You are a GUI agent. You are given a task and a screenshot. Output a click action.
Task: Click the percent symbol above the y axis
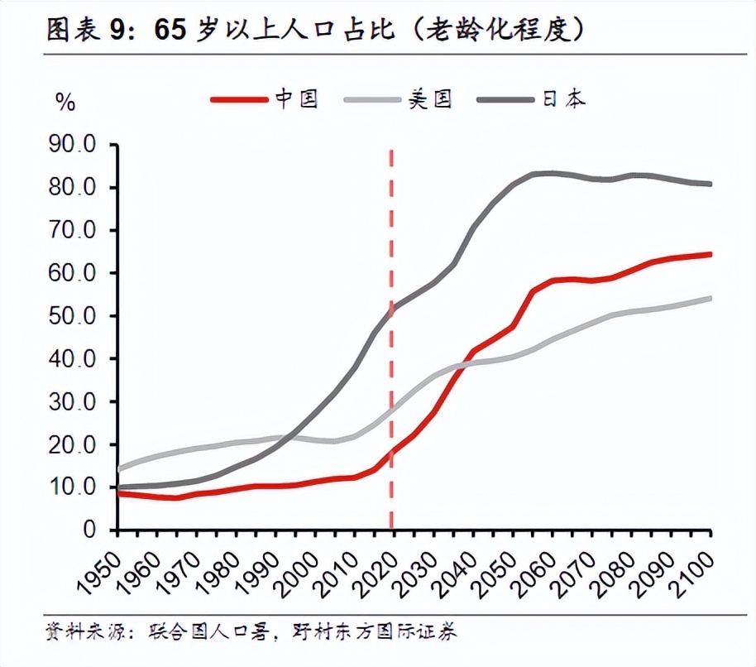click(65, 103)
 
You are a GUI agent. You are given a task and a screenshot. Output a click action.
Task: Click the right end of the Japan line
click(710, 184)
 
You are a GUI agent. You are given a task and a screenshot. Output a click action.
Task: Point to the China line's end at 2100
click(710, 255)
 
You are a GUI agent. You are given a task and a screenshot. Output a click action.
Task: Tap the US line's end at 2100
click(710, 298)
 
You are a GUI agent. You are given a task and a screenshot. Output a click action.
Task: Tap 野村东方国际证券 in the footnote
click(376, 633)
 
